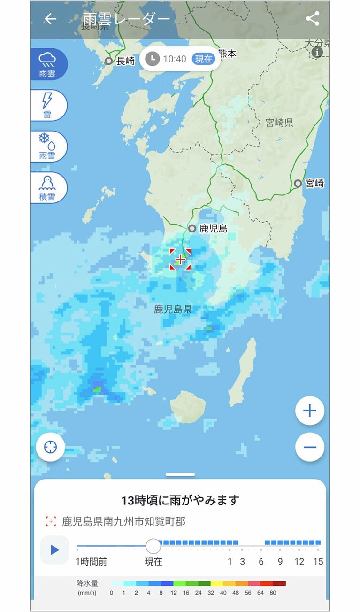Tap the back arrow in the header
(x=50, y=19)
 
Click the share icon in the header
(x=312, y=19)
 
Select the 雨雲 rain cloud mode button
(x=47, y=64)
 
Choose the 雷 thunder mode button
(x=47, y=105)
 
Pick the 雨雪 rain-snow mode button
(x=47, y=147)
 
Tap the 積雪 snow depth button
(x=47, y=187)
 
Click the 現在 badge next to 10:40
(x=204, y=59)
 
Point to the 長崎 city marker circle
(x=109, y=61)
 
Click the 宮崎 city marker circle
(x=298, y=183)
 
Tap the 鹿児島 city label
(x=213, y=229)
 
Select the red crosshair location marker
(x=180, y=259)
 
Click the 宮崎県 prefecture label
(x=279, y=123)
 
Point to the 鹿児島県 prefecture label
(x=173, y=310)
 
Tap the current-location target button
(x=50, y=447)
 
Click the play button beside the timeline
(x=55, y=550)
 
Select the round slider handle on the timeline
(x=153, y=546)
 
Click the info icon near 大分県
(x=317, y=52)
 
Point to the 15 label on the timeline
(x=318, y=562)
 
